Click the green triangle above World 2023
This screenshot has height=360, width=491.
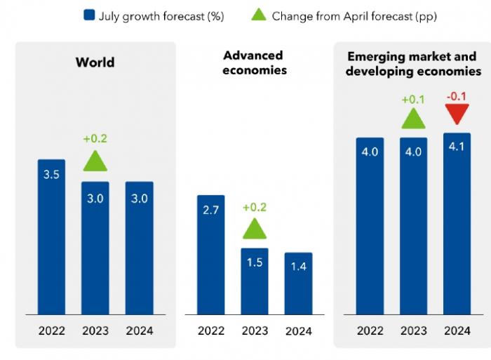(95, 161)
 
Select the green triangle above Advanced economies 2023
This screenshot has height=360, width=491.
(255, 228)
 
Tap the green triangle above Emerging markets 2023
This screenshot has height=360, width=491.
(413, 118)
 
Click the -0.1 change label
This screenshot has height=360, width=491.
(457, 96)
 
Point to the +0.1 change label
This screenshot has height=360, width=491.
(413, 100)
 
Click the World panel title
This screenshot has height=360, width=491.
(95, 62)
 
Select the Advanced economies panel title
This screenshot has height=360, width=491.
(255, 62)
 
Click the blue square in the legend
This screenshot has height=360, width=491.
(88, 15)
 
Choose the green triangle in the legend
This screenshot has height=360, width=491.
(259, 15)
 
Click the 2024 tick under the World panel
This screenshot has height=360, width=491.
(139, 331)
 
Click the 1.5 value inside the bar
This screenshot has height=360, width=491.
(255, 262)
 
